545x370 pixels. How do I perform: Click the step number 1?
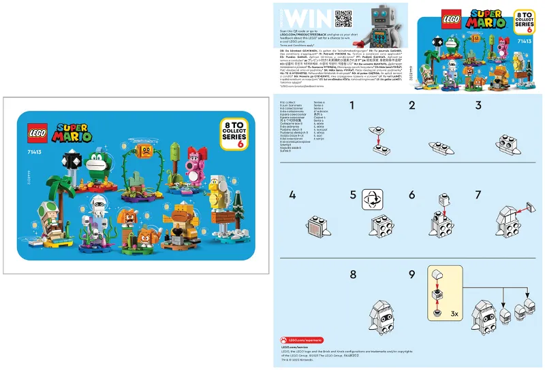pyautogui.click(x=352, y=105)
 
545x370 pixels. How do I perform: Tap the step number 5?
pyautogui.click(x=353, y=195)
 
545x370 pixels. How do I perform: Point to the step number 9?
pyautogui.click(x=411, y=275)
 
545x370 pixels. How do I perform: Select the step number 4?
pyautogui.click(x=292, y=195)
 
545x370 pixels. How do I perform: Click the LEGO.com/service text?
pyautogui.click(x=295, y=347)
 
